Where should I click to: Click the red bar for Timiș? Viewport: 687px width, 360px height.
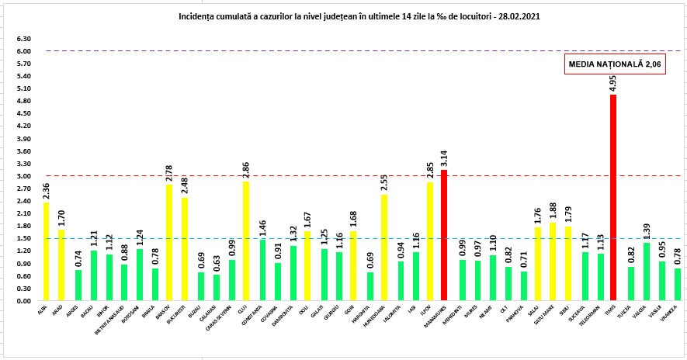(x=613, y=198)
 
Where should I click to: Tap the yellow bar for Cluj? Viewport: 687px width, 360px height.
(x=246, y=241)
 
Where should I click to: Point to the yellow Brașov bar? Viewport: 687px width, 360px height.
(x=169, y=243)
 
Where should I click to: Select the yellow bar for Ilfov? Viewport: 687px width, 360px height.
(x=429, y=241)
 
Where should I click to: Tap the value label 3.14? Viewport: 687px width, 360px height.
(x=444, y=157)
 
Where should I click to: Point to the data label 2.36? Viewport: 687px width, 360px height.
(x=47, y=190)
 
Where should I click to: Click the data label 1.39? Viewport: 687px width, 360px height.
(x=645, y=230)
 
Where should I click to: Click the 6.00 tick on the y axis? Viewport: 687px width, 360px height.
(x=23, y=51)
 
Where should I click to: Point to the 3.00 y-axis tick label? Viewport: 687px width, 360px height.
(x=23, y=176)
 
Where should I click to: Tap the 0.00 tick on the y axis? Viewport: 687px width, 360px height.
(x=23, y=301)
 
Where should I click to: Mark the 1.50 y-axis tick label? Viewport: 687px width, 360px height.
(x=23, y=239)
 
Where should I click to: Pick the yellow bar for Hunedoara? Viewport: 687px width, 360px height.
(x=383, y=247)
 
